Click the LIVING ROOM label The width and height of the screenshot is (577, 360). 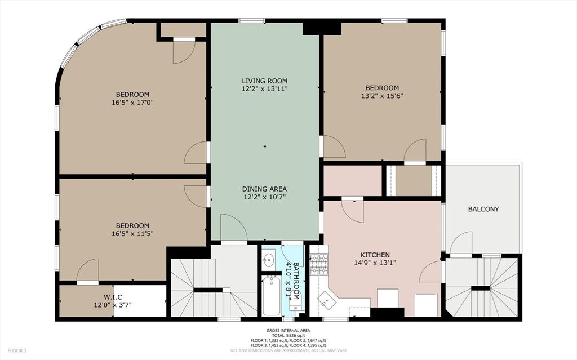pyautogui.click(x=264, y=81)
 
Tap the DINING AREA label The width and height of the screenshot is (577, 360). pyautogui.click(x=264, y=189)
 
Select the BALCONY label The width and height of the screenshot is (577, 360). pyautogui.click(x=483, y=209)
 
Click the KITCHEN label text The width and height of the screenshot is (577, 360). pyautogui.click(x=375, y=255)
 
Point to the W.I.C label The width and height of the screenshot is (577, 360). pyautogui.click(x=113, y=297)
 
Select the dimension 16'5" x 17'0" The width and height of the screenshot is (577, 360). pyautogui.click(x=132, y=103)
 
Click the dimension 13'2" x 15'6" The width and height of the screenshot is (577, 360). pyautogui.click(x=383, y=96)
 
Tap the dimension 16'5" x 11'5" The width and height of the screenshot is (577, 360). pyautogui.click(x=132, y=233)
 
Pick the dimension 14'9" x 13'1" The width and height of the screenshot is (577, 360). pyautogui.click(x=375, y=263)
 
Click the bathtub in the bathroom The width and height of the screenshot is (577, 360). pyautogui.click(x=272, y=296)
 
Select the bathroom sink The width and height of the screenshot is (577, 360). pyautogui.click(x=269, y=260)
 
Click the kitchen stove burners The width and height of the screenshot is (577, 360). pyautogui.click(x=319, y=264)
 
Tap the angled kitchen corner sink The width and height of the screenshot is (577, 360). pyautogui.click(x=327, y=299)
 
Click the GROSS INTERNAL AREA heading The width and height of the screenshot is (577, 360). pyautogui.click(x=288, y=331)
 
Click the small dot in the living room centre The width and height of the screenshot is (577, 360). pyautogui.click(x=265, y=146)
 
